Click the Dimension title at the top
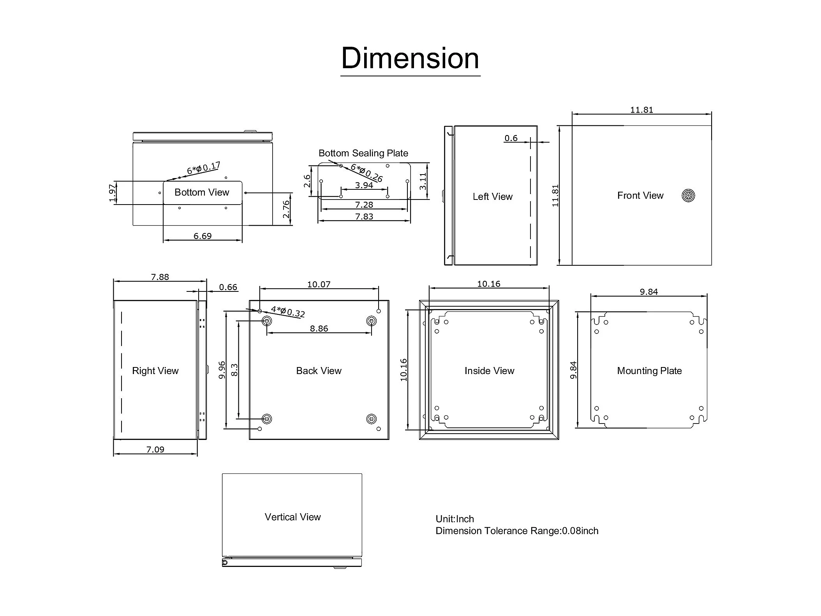[x=410, y=58]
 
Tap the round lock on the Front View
[x=688, y=195]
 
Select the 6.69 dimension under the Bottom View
[x=203, y=236]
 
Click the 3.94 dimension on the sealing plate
[x=364, y=185]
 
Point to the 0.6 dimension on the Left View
[x=511, y=138]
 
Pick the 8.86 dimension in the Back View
[x=319, y=328]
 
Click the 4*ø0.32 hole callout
[x=288, y=311]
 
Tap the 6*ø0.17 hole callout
[x=204, y=168]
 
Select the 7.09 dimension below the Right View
[x=155, y=449]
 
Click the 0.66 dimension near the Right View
[x=228, y=287]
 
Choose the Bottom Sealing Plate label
[x=363, y=153]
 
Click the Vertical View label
[x=293, y=517]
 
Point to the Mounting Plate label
[x=649, y=371]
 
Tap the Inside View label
[x=489, y=371]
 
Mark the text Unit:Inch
[x=455, y=519]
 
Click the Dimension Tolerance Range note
[x=517, y=531]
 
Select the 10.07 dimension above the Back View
[x=319, y=284]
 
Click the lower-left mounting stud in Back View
[x=267, y=419]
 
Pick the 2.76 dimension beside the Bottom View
[x=286, y=209]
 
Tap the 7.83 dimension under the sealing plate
[x=364, y=216]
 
